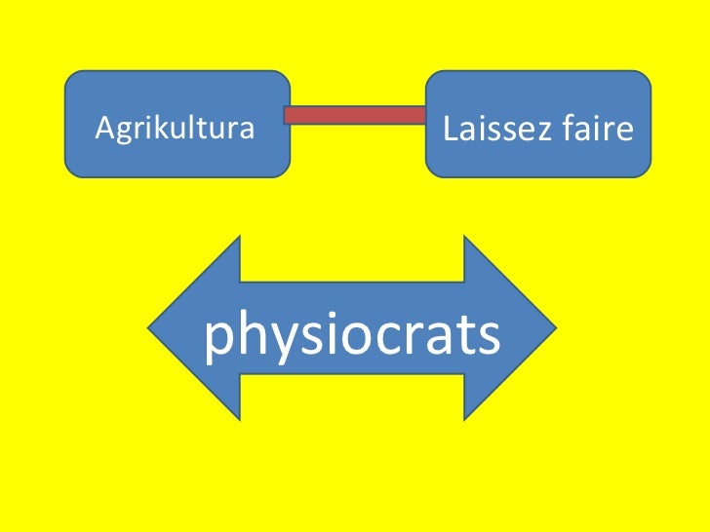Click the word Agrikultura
[174, 128]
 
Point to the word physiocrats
[352, 335]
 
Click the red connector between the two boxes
[356, 115]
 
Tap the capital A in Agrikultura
[100, 128]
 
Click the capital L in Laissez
[450, 129]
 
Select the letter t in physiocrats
[462, 335]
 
